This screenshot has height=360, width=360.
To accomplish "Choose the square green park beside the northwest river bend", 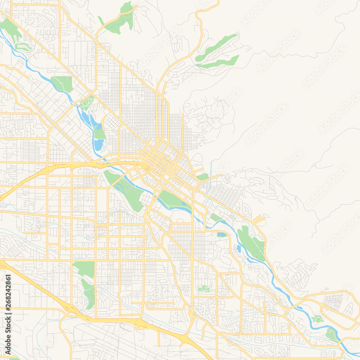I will click(x=62, y=84).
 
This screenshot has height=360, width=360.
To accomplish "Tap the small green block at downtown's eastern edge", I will click(x=203, y=177).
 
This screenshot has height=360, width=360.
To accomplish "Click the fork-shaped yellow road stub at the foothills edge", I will click(x=259, y=218).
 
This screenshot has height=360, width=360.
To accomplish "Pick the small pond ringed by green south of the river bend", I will click(x=221, y=235).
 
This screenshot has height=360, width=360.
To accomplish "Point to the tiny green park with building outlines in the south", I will click(x=204, y=288).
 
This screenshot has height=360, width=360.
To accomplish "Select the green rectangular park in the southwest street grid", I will click(x=84, y=269).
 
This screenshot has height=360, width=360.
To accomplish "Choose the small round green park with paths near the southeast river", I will click(x=318, y=319).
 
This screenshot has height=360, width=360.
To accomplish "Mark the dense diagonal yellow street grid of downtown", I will click(x=158, y=158).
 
